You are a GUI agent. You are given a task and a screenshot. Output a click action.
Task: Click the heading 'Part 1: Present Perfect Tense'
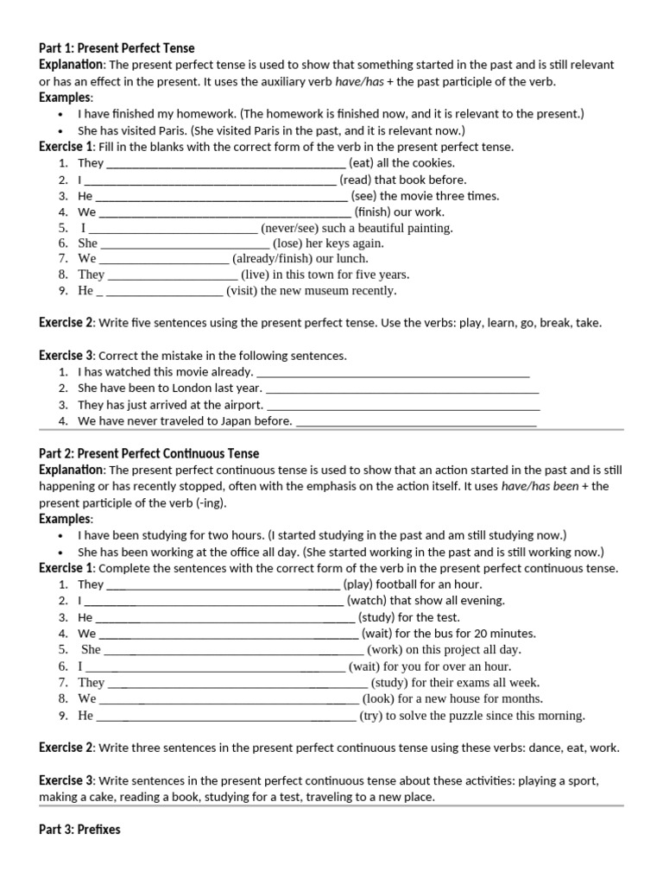coord(117,48)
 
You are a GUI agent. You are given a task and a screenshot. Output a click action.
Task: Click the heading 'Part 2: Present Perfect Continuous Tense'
coord(148,453)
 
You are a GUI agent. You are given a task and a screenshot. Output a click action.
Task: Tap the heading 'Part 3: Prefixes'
coord(79,830)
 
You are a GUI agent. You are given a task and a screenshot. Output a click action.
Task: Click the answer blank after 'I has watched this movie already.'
coord(393,372)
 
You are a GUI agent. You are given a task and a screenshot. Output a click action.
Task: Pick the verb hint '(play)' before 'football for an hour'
coord(358,584)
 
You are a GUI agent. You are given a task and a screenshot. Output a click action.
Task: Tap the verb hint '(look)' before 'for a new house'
coord(379,699)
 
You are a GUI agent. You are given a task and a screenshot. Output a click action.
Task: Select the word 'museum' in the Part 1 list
coord(327,291)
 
